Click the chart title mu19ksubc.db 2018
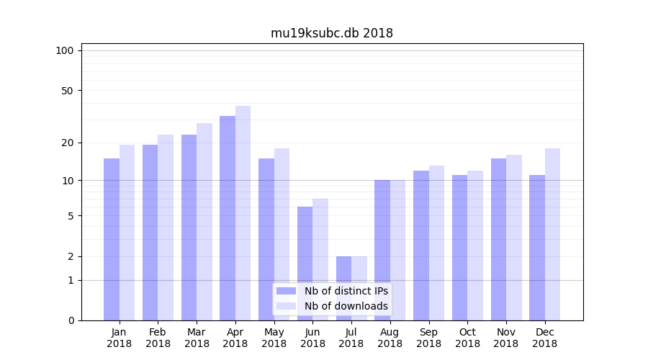coord(332,33)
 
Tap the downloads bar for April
coord(243,213)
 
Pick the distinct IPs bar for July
coord(343,288)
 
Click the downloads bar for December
coord(553,234)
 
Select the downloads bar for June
coord(320,259)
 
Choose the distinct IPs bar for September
coord(421,246)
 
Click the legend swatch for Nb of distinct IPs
coord(287,291)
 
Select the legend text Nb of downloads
coord(346,306)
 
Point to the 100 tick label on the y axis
coord(65,50)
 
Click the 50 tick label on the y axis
coord(67,91)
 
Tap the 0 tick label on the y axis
coord(71,320)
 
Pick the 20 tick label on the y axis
coord(67,143)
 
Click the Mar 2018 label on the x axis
coord(197,338)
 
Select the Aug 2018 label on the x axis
coord(390,338)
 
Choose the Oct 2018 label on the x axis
coord(467,338)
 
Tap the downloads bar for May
coord(282,234)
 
